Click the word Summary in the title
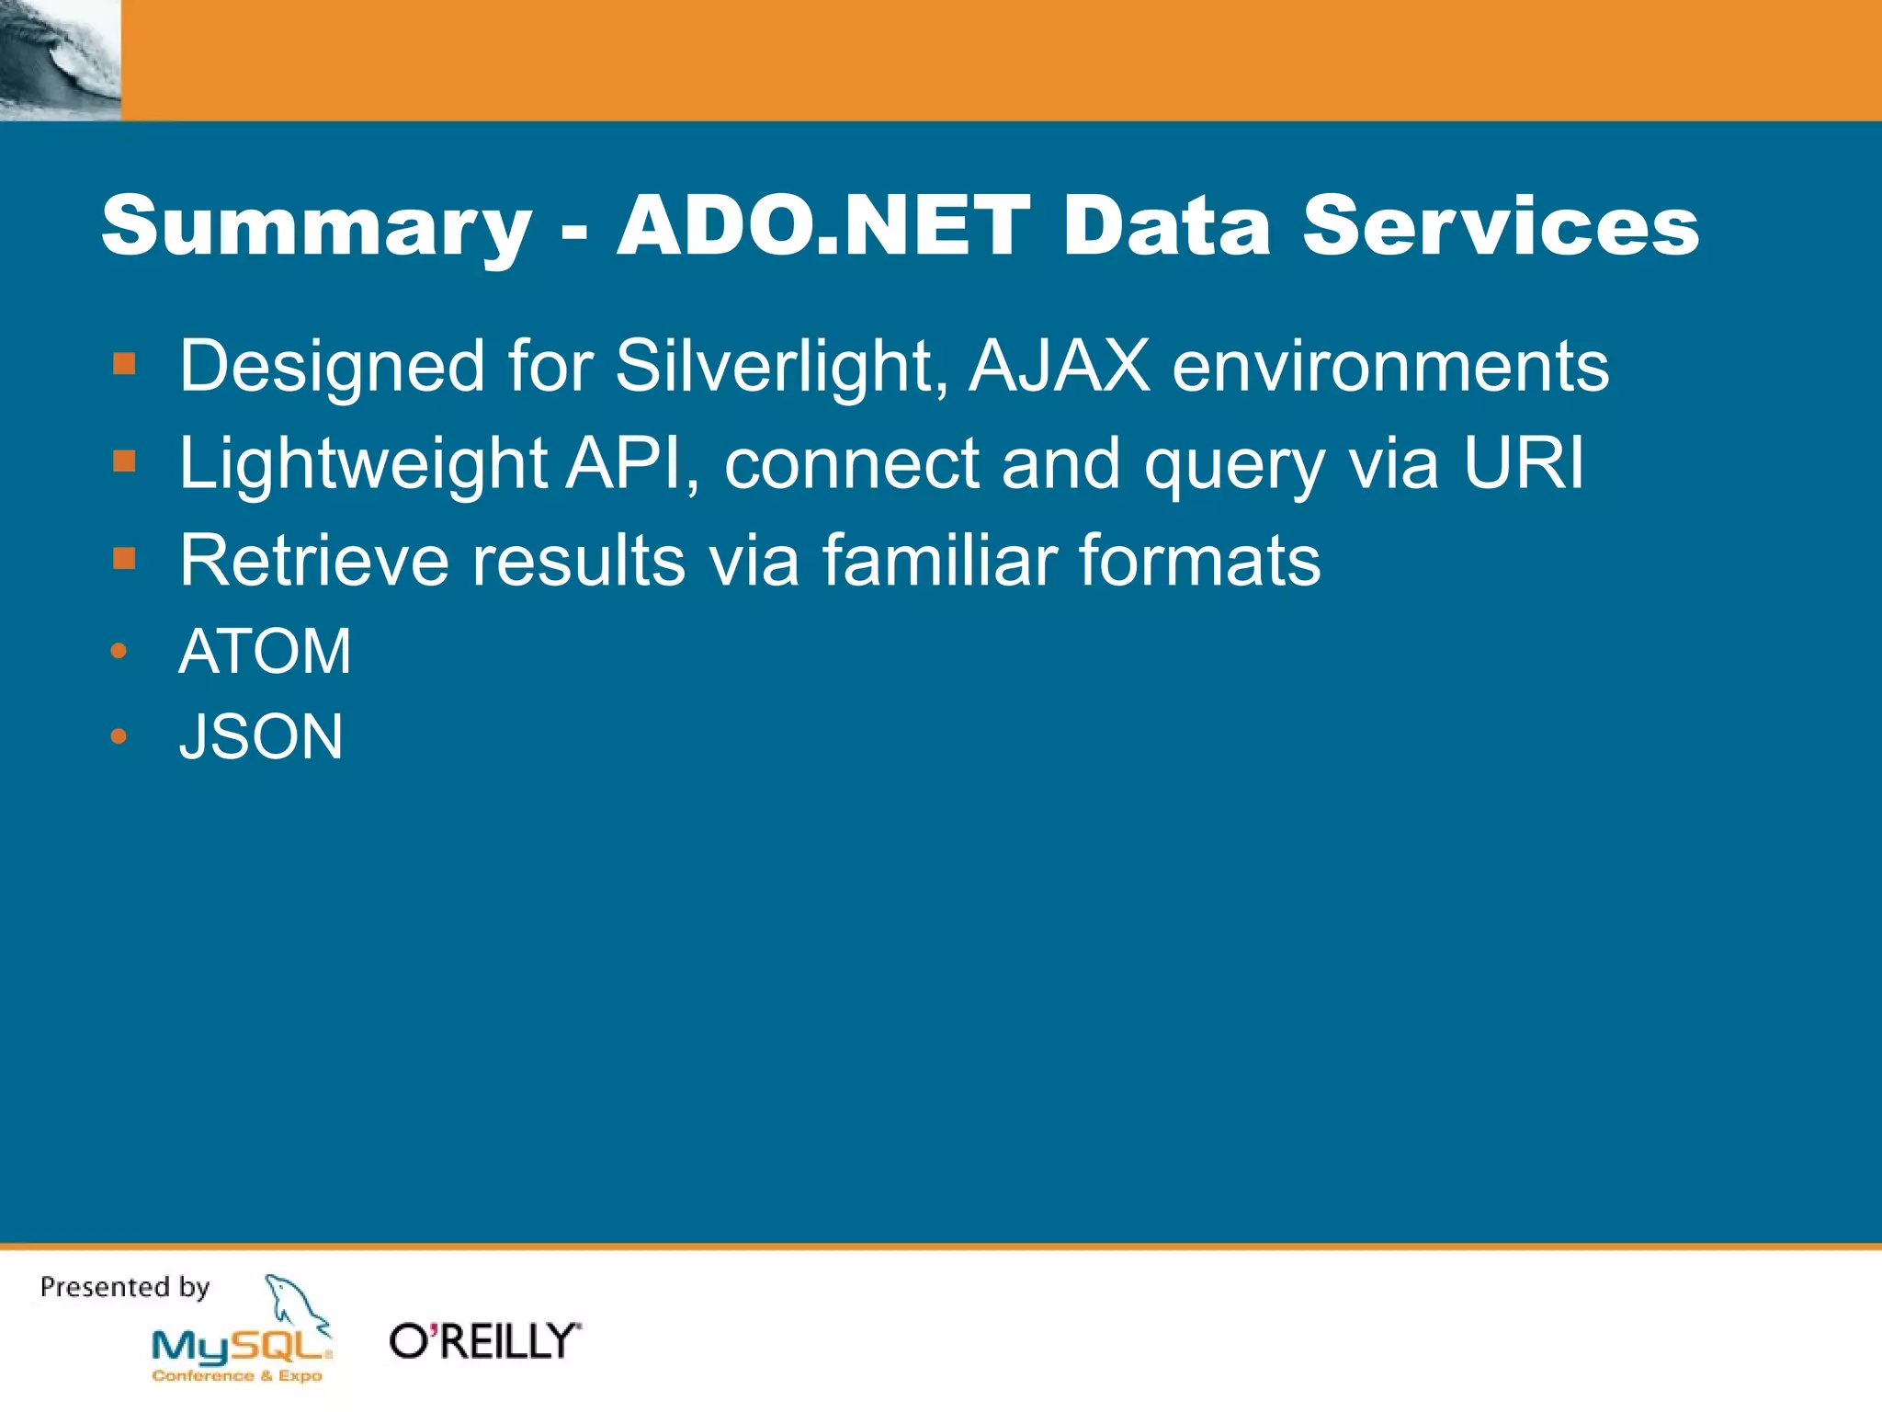click(x=316, y=227)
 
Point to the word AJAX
click(x=1059, y=366)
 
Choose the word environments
click(x=1390, y=366)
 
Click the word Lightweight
click(x=363, y=464)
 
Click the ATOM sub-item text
click(x=265, y=652)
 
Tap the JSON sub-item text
click(x=261, y=737)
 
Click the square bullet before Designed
click(x=124, y=364)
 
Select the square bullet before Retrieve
click(x=124, y=558)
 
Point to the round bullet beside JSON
click(x=119, y=736)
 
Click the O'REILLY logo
click(x=484, y=1341)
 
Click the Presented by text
click(x=125, y=1287)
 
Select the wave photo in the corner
click(x=60, y=60)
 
